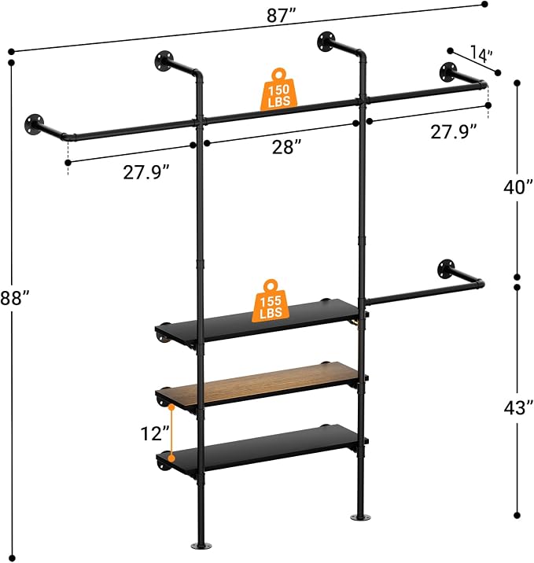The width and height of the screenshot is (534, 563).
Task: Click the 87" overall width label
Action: point(281,17)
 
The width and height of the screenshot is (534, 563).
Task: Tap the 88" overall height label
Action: point(14,298)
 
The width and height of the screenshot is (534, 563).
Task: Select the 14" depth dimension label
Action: point(481,54)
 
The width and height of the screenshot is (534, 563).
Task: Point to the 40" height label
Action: point(517,187)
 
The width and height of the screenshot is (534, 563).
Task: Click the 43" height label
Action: point(517,408)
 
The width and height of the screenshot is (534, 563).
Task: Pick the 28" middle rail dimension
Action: point(286,147)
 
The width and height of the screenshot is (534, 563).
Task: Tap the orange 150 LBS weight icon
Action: point(278,89)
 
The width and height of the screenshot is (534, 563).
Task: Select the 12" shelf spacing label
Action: point(155,433)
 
